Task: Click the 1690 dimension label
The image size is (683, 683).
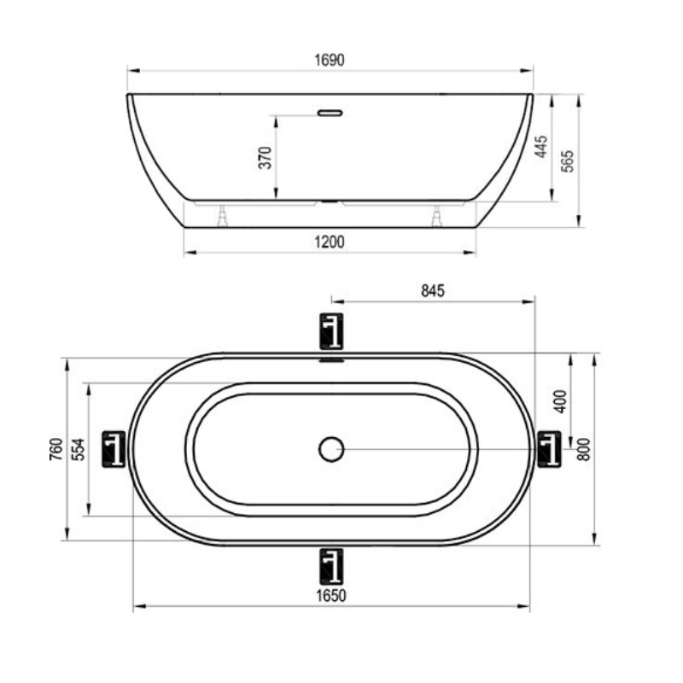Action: tap(330, 60)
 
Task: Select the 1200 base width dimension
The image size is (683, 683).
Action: tap(330, 242)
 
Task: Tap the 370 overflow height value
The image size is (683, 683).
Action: tap(265, 158)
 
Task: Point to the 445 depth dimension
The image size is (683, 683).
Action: tap(540, 147)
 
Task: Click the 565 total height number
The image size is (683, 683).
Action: tap(567, 161)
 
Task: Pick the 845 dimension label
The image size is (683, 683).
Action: tap(433, 290)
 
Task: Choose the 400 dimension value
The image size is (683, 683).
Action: tap(560, 401)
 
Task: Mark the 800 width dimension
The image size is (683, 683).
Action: tap(583, 449)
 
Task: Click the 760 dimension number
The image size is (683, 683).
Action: tap(56, 449)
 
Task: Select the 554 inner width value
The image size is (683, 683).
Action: tap(79, 449)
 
